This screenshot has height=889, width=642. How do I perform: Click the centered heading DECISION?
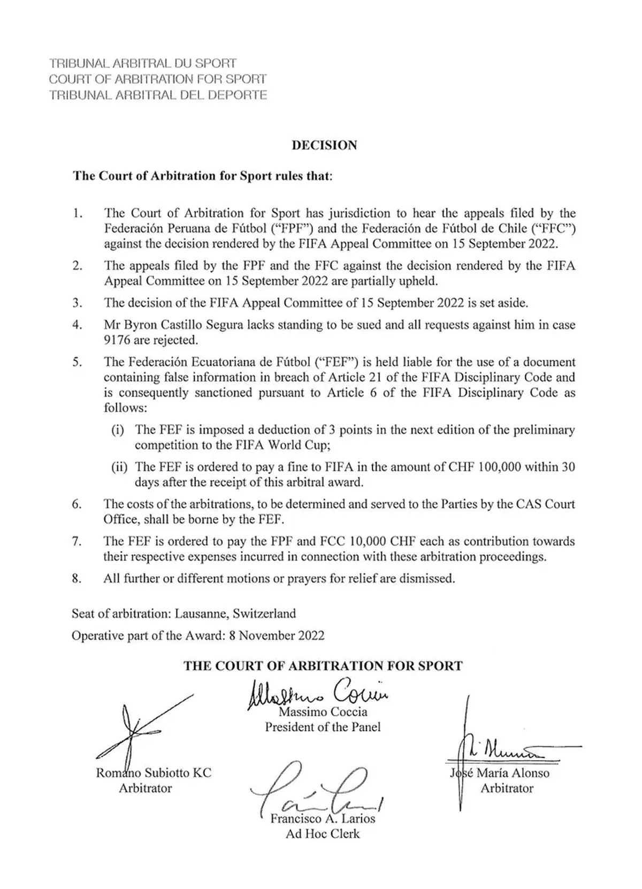pyautogui.click(x=324, y=145)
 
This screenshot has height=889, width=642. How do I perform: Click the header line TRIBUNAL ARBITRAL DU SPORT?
pyautogui.click(x=143, y=63)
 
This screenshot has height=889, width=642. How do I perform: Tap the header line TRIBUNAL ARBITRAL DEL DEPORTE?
pyautogui.click(x=158, y=95)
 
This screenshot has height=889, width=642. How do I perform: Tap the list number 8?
pyautogui.click(x=77, y=578)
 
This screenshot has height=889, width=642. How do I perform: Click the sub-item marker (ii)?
pyautogui.click(x=119, y=467)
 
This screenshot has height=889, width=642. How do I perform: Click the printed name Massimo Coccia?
pyautogui.click(x=323, y=712)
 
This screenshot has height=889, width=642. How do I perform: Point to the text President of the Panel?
pyautogui.click(x=323, y=727)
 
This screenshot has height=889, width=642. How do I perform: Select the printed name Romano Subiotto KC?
pyautogui.click(x=154, y=773)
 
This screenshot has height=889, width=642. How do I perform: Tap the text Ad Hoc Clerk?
pyautogui.click(x=323, y=834)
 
